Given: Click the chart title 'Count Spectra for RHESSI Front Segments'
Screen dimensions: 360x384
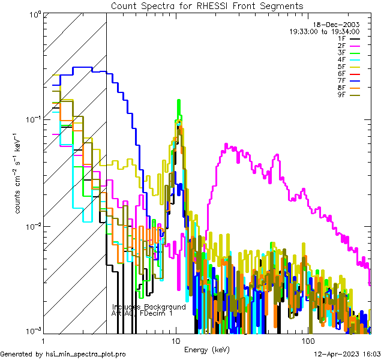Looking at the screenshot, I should click(x=207, y=5).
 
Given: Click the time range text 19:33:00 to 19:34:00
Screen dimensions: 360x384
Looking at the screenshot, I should click(x=325, y=31).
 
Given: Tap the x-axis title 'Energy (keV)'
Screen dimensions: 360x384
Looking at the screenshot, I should click(x=206, y=350).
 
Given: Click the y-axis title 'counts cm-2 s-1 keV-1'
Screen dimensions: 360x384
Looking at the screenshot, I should click(x=19, y=174).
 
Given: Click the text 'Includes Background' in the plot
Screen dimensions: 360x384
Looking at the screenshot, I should click(x=149, y=307).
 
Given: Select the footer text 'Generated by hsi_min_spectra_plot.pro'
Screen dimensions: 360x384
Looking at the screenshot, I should click(x=63, y=354).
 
